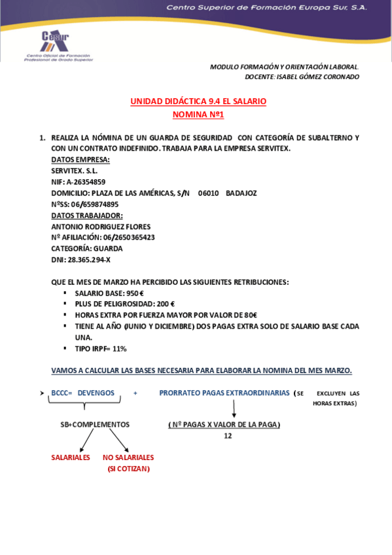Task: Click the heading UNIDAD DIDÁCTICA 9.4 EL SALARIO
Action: click(198, 101)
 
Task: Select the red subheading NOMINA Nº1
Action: click(198, 115)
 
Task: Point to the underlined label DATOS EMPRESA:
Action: click(80, 160)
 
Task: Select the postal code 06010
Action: click(208, 193)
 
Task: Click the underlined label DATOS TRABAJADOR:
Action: click(87, 215)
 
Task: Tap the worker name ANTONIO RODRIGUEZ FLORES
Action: click(101, 226)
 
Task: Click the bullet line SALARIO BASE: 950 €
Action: click(109, 293)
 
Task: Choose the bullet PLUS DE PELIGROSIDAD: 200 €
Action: click(124, 304)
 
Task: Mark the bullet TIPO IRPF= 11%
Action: click(101, 349)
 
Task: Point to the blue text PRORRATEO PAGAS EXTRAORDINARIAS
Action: click(224, 393)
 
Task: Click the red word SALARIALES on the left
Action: click(71, 457)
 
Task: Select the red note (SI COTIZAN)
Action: click(128, 469)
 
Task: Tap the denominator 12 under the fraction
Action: click(228, 436)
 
